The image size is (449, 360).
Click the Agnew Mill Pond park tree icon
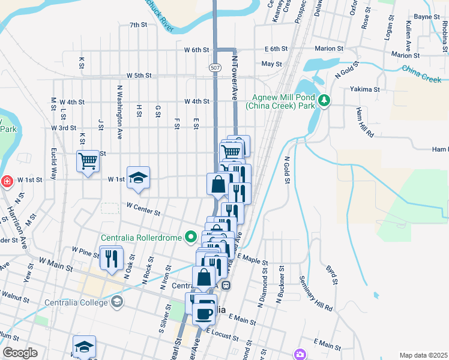pyautogui.click(x=324, y=100)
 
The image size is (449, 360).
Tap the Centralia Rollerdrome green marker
pyautogui.click(x=191, y=238)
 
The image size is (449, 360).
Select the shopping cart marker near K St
pyautogui.click(x=88, y=161)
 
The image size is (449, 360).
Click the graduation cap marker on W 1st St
pyautogui.click(x=139, y=178)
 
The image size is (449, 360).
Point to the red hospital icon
pyautogui.click(x=7, y=181)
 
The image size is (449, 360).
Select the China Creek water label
pyautogui.click(x=422, y=74)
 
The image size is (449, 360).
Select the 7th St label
pyautogui.click(x=138, y=25)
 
